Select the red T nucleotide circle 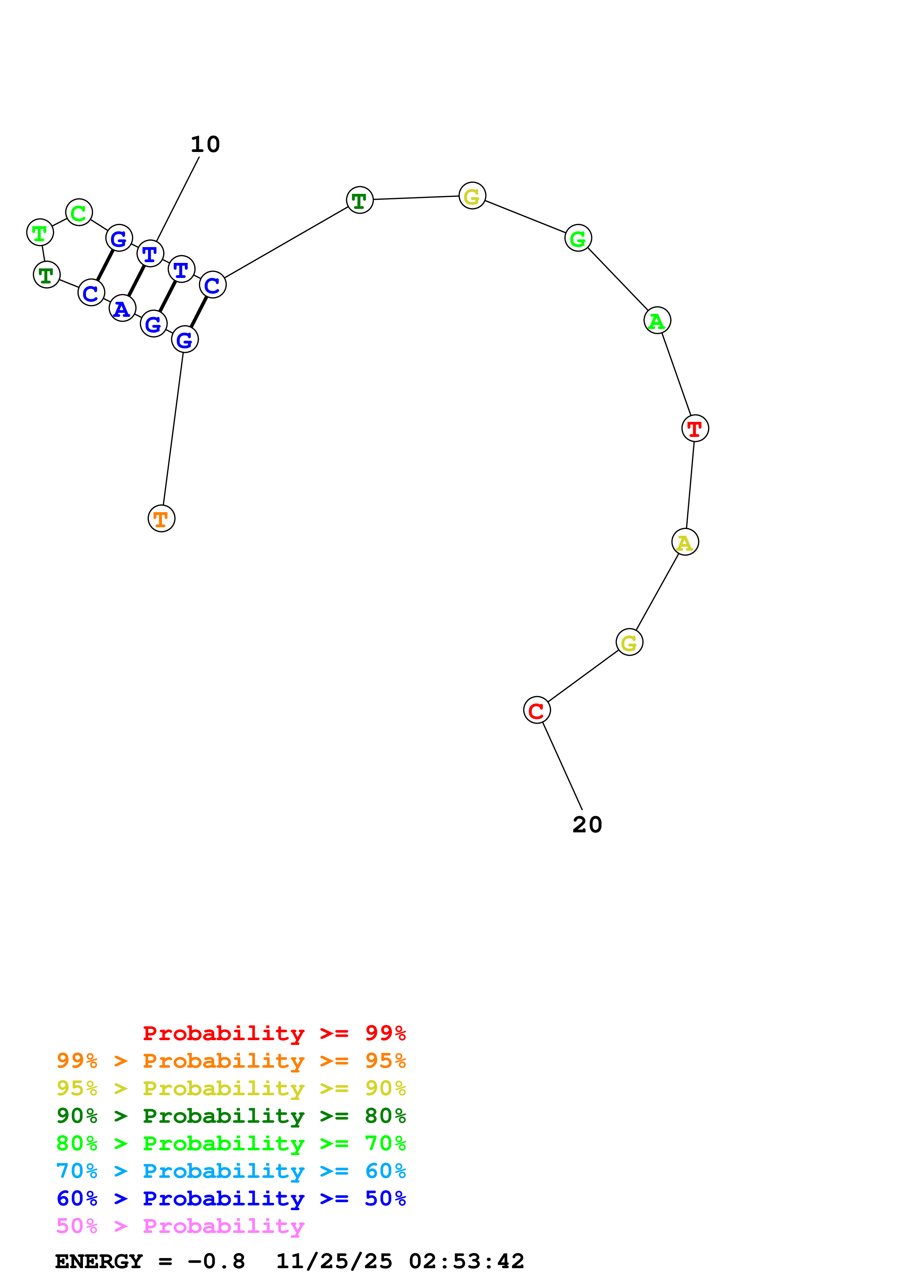click(x=695, y=428)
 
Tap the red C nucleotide click(x=537, y=710)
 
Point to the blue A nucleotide click(x=122, y=308)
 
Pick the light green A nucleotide click(x=657, y=321)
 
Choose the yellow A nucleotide click(x=685, y=542)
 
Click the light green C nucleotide click(x=79, y=213)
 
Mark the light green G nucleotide click(x=578, y=238)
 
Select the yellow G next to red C click(x=629, y=642)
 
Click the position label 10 click(x=205, y=145)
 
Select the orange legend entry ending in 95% click(x=231, y=1061)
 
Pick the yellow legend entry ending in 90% click(x=231, y=1088)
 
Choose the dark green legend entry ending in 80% click(x=231, y=1116)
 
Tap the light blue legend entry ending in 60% click(x=231, y=1171)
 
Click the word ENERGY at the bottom click(x=99, y=1262)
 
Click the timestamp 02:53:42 click(x=466, y=1262)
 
